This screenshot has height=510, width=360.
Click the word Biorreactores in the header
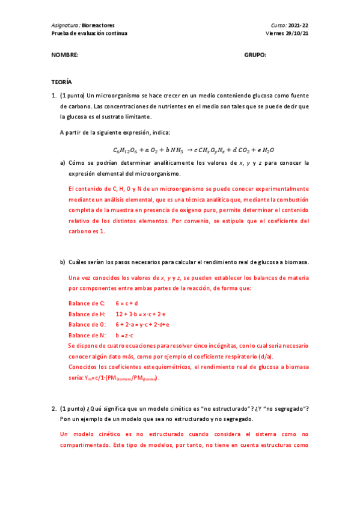[x=99, y=25]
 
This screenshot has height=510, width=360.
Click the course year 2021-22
[x=298, y=25]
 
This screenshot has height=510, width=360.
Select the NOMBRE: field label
[x=65, y=55]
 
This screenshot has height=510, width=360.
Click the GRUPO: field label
[x=255, y=55]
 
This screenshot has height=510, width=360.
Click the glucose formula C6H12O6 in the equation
[x=124, y=150]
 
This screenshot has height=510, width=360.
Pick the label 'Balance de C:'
[x=87, y=303]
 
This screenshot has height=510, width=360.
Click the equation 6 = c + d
[x=127, y=303]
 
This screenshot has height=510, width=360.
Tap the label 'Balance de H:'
[x=87, y=314]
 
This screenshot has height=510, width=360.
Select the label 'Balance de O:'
[x=87, y=325]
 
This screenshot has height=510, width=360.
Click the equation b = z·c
[x=124, y=335]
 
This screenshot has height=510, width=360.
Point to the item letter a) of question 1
[x=63, y=163]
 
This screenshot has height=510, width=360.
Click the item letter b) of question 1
[x=63, y=262]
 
